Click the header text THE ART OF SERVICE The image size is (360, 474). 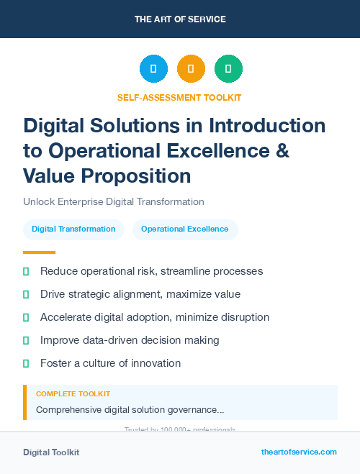(x=180, y=19)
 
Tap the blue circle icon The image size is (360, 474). (x=153, y=68)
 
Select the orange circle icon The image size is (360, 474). (x=191, y=68)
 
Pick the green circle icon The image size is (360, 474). (x=228, y=68)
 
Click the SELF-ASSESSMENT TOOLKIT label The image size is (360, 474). (x=179, y=97)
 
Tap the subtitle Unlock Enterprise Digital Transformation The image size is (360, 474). (x=114, y=202)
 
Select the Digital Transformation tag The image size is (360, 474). (x=73, y=229)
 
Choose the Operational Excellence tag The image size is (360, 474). (x=185, y=229)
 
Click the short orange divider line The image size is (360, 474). (x=39, y=252)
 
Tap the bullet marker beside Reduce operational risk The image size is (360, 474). (x=26, y=271)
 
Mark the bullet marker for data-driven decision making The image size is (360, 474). (x=26, y=340)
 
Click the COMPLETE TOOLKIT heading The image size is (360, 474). (x=73, y=394)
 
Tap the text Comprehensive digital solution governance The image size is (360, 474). (x=130, y=410)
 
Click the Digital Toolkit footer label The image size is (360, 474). (x=51, y=452)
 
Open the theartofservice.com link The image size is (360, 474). (x=299, y=452)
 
